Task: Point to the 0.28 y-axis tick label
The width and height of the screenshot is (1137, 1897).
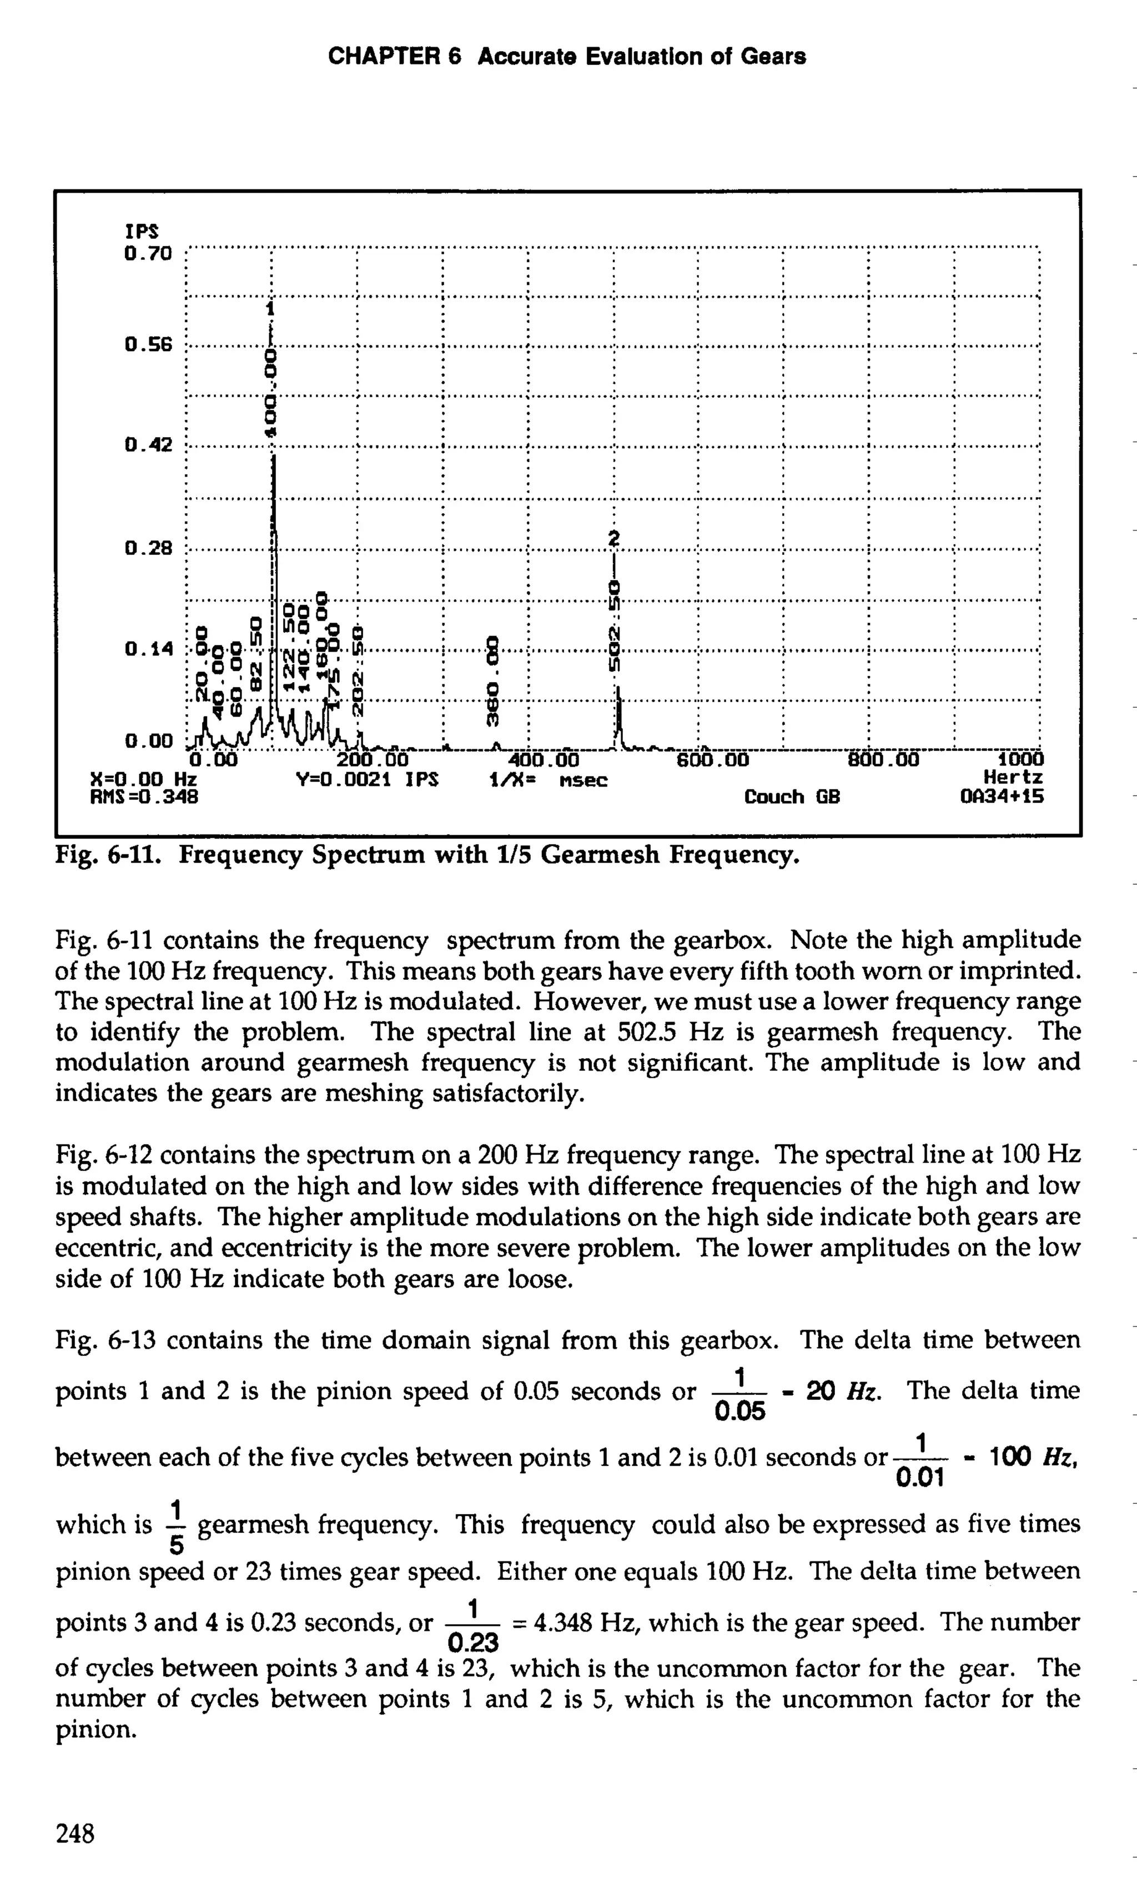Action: (149, 548)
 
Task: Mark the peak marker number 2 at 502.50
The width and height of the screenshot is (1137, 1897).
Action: (613, 538)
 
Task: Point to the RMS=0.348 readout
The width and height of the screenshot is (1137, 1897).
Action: (144, 797)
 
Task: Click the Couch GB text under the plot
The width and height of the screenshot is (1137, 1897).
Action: (792, 797)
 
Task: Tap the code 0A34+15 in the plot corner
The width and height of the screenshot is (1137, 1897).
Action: (1002, 797)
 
